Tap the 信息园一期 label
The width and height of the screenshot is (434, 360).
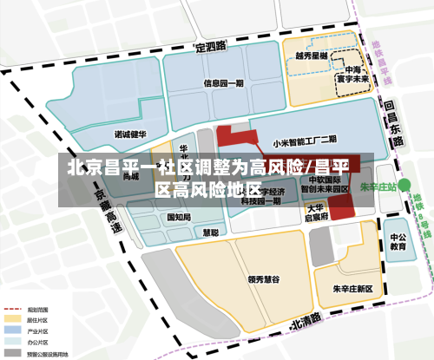pos(224,84)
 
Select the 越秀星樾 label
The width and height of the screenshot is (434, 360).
pos(310,56)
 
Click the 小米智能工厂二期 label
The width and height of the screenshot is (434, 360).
pos(304,139)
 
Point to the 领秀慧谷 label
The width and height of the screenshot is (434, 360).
pos(263,279)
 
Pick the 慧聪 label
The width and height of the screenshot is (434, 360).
pos(210,232)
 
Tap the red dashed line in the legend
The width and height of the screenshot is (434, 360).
pos(13,310)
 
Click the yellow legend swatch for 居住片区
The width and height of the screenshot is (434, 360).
pos(13,319)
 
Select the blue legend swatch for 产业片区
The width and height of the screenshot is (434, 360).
pos(13,330)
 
